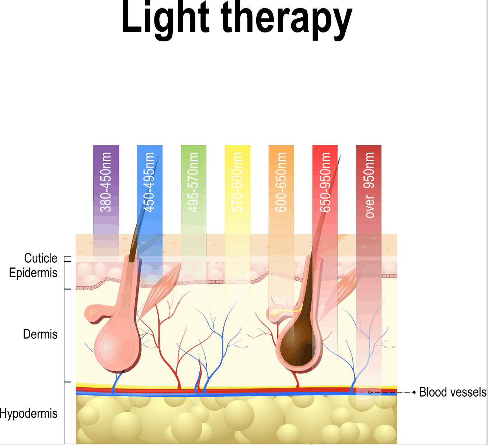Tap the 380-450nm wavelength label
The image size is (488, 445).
click(106, 182)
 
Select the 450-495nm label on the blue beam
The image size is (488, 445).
click(150, 182)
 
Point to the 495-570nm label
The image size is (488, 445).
click(194, 182)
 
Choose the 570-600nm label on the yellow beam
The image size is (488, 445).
click(237, 182)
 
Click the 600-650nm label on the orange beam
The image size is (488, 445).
click(281, 182)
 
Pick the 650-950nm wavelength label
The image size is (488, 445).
click(325, 182)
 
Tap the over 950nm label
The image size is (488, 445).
click(369, 185)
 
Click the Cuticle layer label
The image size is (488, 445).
click(41, 258)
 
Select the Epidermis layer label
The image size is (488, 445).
click(33, 273)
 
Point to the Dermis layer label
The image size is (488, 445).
click(40, 334)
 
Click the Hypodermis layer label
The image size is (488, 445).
click(28, 414)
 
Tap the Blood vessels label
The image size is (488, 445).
click(453, 392)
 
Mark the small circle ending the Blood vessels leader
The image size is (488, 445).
click(370, 392)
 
